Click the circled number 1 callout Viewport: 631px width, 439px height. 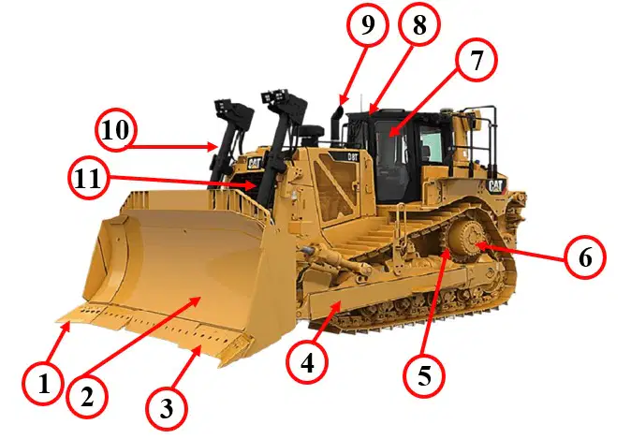43,384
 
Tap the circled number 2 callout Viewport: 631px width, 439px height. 87,397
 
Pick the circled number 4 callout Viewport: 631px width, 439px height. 307,363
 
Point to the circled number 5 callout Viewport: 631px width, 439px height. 424,376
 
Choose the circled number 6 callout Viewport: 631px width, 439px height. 585,257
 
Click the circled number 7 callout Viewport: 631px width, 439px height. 477,60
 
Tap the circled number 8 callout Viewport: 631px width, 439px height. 418,25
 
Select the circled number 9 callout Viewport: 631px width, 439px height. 367,24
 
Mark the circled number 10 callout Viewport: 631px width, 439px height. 116,130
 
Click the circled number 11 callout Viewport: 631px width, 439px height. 88,178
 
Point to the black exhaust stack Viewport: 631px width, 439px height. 336,124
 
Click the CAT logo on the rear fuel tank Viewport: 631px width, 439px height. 495,185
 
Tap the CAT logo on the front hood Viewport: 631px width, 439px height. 254,163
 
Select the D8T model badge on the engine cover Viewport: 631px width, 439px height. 353,156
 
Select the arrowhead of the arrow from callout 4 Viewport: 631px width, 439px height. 337,307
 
